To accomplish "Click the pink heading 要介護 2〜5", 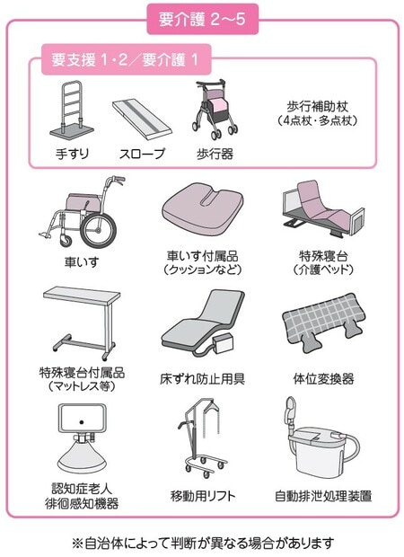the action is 202,19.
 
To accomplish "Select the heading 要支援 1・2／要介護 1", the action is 125,59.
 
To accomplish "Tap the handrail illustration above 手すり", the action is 72,111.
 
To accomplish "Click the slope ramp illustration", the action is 142,119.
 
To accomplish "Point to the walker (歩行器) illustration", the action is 214,110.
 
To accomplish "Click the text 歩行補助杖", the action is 318,106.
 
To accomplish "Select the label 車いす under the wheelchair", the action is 82,262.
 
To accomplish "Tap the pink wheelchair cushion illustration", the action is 203,208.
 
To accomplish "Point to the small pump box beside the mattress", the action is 224,344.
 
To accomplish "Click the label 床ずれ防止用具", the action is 202,379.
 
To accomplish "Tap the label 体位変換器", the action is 324,379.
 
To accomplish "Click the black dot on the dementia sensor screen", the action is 82,422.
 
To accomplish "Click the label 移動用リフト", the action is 203,496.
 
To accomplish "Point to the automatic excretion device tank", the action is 318,454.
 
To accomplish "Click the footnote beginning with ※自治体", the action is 203,543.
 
